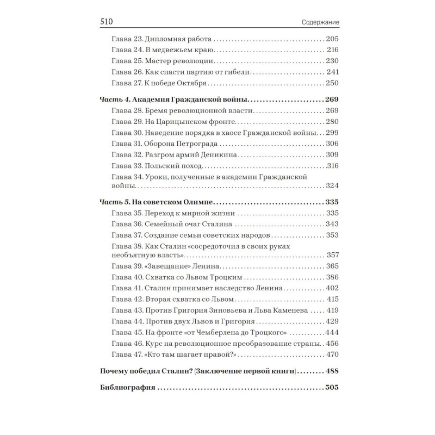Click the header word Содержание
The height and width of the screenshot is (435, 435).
click(320, 22)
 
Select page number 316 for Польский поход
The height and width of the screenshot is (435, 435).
click(331, 165)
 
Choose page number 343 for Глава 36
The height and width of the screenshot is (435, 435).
click(332, 224)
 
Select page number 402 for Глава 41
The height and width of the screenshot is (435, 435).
click(332, 288)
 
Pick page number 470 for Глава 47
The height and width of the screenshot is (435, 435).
click(332, 355)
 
